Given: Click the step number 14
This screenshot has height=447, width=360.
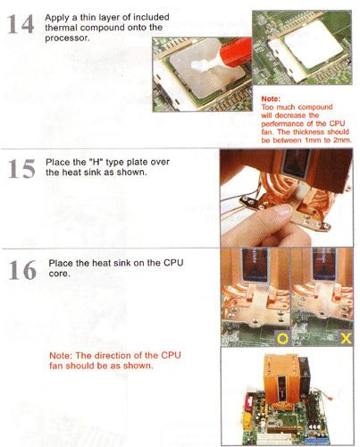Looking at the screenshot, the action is tap(21, 24).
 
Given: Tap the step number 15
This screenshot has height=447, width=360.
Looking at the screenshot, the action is tap(21, 169).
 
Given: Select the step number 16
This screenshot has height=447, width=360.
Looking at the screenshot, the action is tap(22, 270).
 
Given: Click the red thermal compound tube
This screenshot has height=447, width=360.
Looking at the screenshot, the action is tap(235, 52).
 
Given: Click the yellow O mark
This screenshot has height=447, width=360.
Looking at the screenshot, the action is tap(282, 339).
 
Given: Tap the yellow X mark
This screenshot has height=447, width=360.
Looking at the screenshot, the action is tap(346, 339).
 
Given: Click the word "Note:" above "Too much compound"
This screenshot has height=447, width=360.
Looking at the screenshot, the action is tap(271, 98).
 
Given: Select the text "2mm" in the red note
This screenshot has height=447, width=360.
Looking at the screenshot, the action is tap(342, 139).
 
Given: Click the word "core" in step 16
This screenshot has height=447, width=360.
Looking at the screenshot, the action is tap(59, 274).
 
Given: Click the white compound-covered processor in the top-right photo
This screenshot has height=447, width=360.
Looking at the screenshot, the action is tap(311, 46).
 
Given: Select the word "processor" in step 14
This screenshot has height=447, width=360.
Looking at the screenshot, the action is tap(67, 38).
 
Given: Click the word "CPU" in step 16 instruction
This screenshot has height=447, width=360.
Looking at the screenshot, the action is tap(173, 263).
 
